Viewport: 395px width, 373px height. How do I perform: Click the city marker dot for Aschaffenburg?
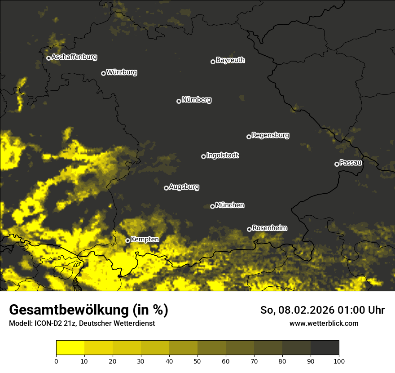pyautogui.click(x=48, y=58)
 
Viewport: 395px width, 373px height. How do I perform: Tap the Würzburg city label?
pyautogui.click(x=122, y=72)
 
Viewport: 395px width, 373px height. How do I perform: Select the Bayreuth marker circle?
pyautogui.click(x=213, y=62)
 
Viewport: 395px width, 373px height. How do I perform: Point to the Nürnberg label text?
pyautogui.click(x=197, y=100)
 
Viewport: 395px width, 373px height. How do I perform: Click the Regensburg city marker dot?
pyautogui.click(x=249, y=137)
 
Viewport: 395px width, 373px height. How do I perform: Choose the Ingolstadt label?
pyautogui.click(x=223, y=155)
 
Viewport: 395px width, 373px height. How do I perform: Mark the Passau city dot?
pyautogui.click(x=337, y=164)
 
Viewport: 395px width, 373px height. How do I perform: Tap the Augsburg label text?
pyautogui.click(x=184, y=187)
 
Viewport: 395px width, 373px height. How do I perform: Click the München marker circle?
pyautogui.click(x=212, y=207)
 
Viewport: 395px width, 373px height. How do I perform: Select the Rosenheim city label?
pyautogui.click(x=269, y=228)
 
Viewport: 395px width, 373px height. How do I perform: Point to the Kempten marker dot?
pyautogui.click(x=127, y=240)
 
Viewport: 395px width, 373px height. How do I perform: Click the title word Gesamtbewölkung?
pyautogui.click(x=67, y=310)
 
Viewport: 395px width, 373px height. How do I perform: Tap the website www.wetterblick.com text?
pyautogui.click(x=324, y=323)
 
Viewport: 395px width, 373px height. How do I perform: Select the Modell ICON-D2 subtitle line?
pyautogui.click(x=82, y=324)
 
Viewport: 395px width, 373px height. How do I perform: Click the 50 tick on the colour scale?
pyautogui.click(x=197, y=361)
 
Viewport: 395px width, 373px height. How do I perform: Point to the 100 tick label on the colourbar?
pyautogui.click(x=339, y=361)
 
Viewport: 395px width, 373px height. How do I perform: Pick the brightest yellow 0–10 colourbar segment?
pyautogui.click(x=70, y=348)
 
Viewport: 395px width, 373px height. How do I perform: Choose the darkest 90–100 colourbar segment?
pyautogui.click(x=325, y=348)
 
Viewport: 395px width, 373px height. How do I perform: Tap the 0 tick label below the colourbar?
pyautogui.click(x=56, y=361)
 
